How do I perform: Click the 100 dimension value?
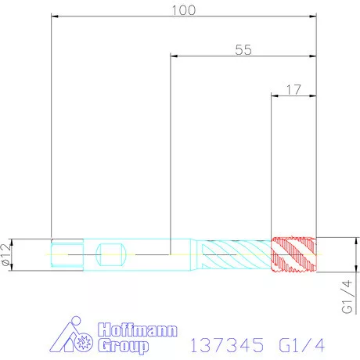(184, 10)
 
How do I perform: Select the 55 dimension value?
(243, 49)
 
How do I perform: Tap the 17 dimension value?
(293, 90)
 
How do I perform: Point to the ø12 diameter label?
(6, 255)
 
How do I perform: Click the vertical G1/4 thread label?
(347, 297)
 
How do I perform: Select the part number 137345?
(227, 345)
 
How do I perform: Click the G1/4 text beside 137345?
(301, 345)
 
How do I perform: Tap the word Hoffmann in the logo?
(138, 329)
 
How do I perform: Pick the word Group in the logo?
(124, 346)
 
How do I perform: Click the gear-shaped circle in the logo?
(83, 341)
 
